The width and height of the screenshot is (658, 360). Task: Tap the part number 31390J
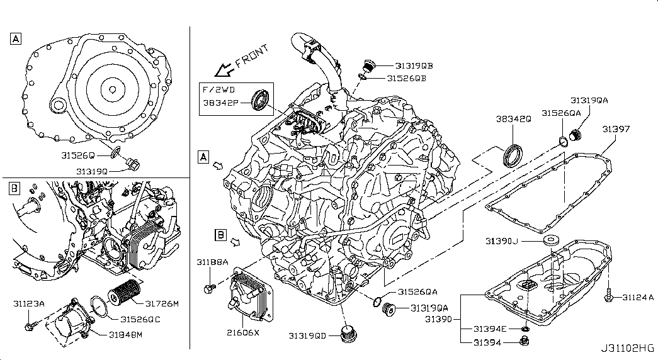click(x=502, y=240)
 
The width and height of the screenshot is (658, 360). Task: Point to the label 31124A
click(x=639, y=297)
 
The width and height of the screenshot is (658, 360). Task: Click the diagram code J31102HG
click(x=627, y=348)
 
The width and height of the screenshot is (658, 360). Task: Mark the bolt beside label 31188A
click(x=210, y=290)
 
